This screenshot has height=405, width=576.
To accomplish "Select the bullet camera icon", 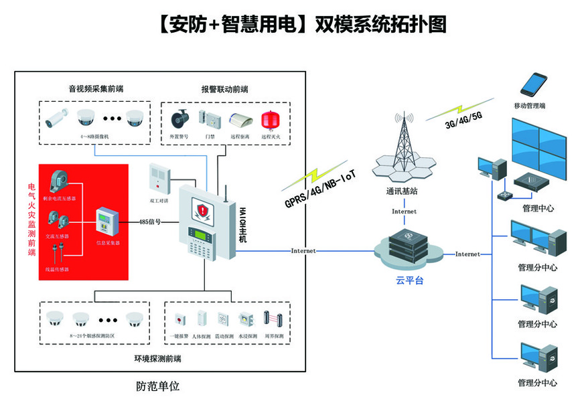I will [x=57, y=118].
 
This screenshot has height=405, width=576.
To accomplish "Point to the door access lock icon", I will [x=212, y=119].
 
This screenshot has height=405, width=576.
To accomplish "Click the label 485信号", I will [x=149, y=222].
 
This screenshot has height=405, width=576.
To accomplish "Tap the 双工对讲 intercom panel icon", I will [x=159, y=177].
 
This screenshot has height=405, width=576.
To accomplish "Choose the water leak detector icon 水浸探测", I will [x=246, y=319].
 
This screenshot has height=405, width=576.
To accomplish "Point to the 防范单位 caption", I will [x=157, y=387].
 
